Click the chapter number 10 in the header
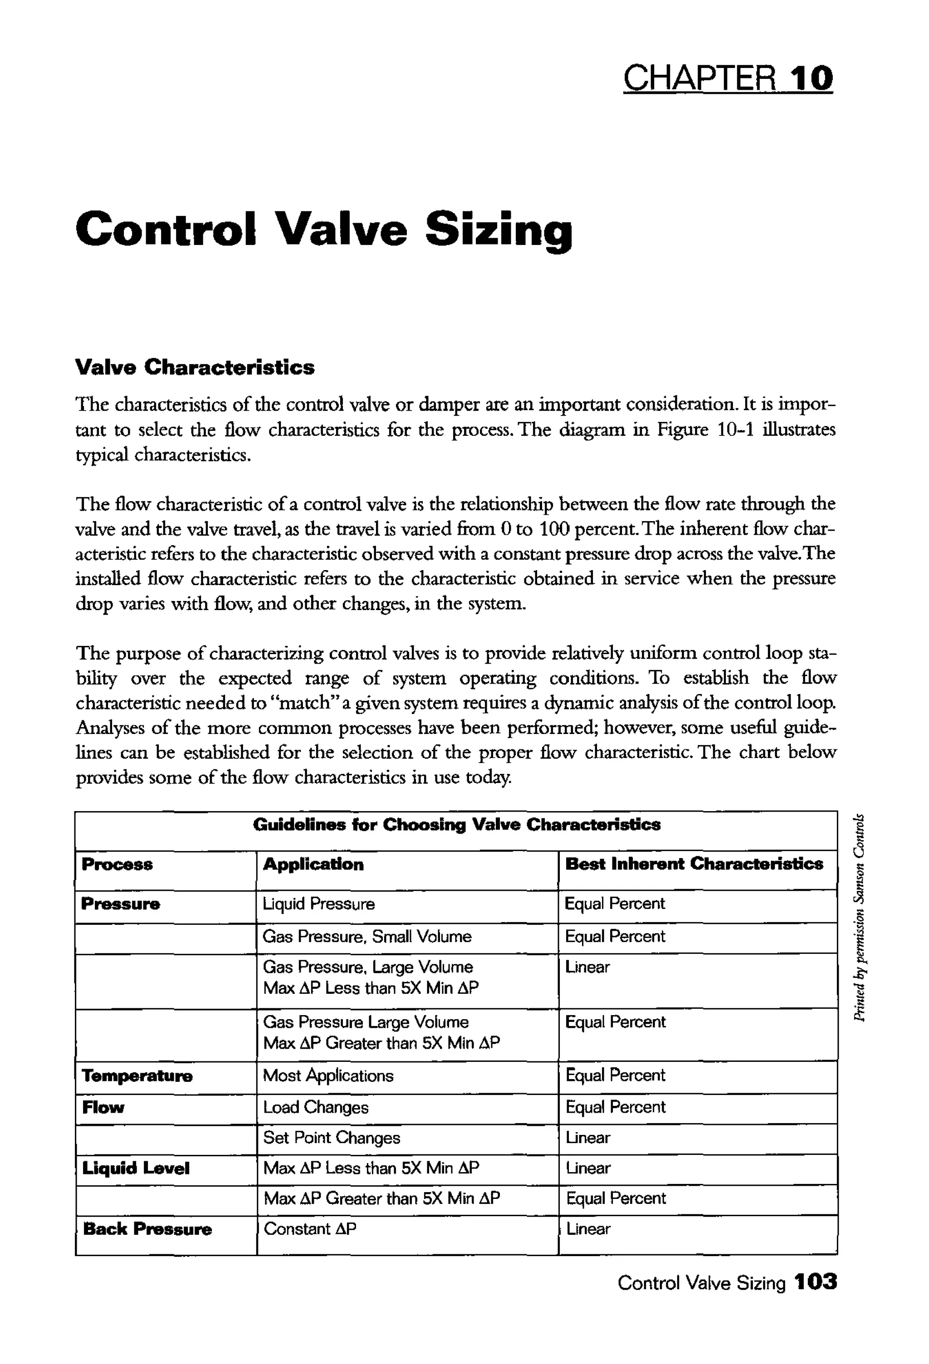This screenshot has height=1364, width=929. point(811,79)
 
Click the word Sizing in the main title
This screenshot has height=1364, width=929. point(498,230)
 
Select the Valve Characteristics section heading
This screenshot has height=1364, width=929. point(195,367)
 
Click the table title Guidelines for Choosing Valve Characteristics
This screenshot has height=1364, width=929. point(457,825)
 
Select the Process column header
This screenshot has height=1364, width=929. point(117,865)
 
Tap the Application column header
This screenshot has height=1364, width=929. point(313,865)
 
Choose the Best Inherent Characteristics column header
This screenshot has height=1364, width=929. point(694,864)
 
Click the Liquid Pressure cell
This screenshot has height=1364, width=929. point(319,904)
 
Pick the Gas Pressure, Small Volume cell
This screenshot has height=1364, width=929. point(367,936)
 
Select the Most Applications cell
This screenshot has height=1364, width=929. point(328,1076)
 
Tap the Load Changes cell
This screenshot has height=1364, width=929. point(316,1108)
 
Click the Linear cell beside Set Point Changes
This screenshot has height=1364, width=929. point(587,1138)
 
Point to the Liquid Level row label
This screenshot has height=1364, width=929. point(136,1168)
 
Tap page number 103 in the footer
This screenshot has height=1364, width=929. point(815,1282)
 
